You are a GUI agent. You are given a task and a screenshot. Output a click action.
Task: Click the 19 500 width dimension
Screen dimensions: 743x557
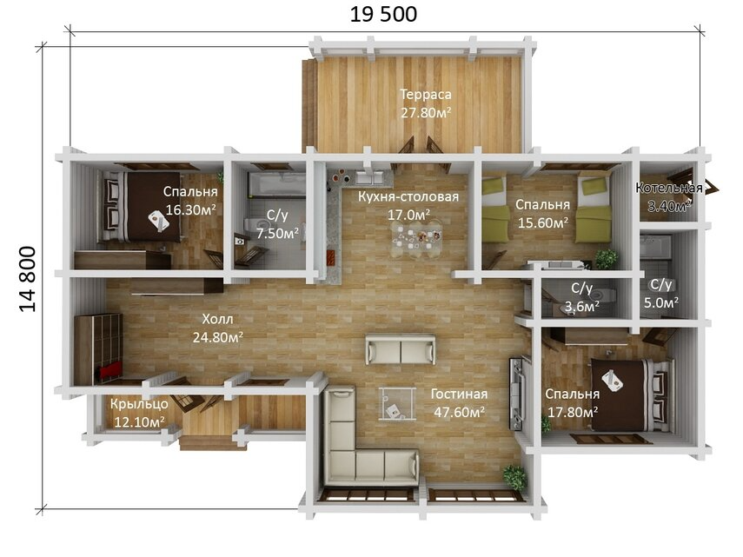point(383,14)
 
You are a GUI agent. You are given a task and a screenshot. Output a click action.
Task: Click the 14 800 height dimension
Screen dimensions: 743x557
point(28,279)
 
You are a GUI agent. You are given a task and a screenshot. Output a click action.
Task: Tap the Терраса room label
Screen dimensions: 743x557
point(426,94)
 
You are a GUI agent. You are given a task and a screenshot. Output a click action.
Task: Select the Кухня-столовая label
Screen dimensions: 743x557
point(408,196)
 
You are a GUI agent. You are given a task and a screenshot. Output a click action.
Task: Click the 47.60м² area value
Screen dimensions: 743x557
point(459,412)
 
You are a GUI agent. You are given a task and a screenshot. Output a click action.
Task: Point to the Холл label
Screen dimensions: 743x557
point(217,319)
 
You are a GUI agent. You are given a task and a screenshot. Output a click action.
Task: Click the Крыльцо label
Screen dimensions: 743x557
point(139,404)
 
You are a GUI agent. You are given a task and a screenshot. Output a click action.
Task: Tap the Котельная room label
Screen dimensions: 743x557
point(669,188)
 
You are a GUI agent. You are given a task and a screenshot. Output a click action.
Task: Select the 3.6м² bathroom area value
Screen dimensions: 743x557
point(582,307)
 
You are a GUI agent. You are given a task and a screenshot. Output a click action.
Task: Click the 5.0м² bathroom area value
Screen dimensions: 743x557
point(661,302)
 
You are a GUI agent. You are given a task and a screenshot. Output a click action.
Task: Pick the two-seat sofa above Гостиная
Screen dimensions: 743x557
point(401,349)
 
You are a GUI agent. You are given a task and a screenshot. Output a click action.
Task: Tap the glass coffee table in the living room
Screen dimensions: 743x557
point(397,403)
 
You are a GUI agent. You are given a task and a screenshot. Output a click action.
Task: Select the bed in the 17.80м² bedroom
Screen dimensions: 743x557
point(631,395)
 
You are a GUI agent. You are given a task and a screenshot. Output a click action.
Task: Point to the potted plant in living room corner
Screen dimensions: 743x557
point(514,477)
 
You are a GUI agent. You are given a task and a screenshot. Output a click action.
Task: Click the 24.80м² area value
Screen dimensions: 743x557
point(218,337)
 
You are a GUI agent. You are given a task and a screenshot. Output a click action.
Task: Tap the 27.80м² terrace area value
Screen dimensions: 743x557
point(426,113)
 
